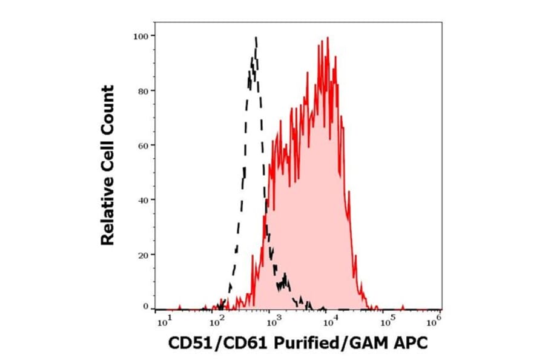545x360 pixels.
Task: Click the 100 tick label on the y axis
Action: click(x=140, y=36)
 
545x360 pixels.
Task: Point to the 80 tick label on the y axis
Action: click(x=142, y=91)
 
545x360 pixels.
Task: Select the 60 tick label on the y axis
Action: click(x=142, y=145)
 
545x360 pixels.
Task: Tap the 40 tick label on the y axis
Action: click(x=142, y=199)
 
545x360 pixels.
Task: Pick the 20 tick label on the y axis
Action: click(x=142, y=254)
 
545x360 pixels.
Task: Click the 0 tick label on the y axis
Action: click(x=145, y=307)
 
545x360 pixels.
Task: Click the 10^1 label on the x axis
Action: click(x=162, y=318)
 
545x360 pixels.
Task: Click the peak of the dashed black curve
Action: click(x=256, y=38)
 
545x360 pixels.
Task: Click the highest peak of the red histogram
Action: click(x=328, y=38)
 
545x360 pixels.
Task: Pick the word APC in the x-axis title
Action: click(x=412, y=343)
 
